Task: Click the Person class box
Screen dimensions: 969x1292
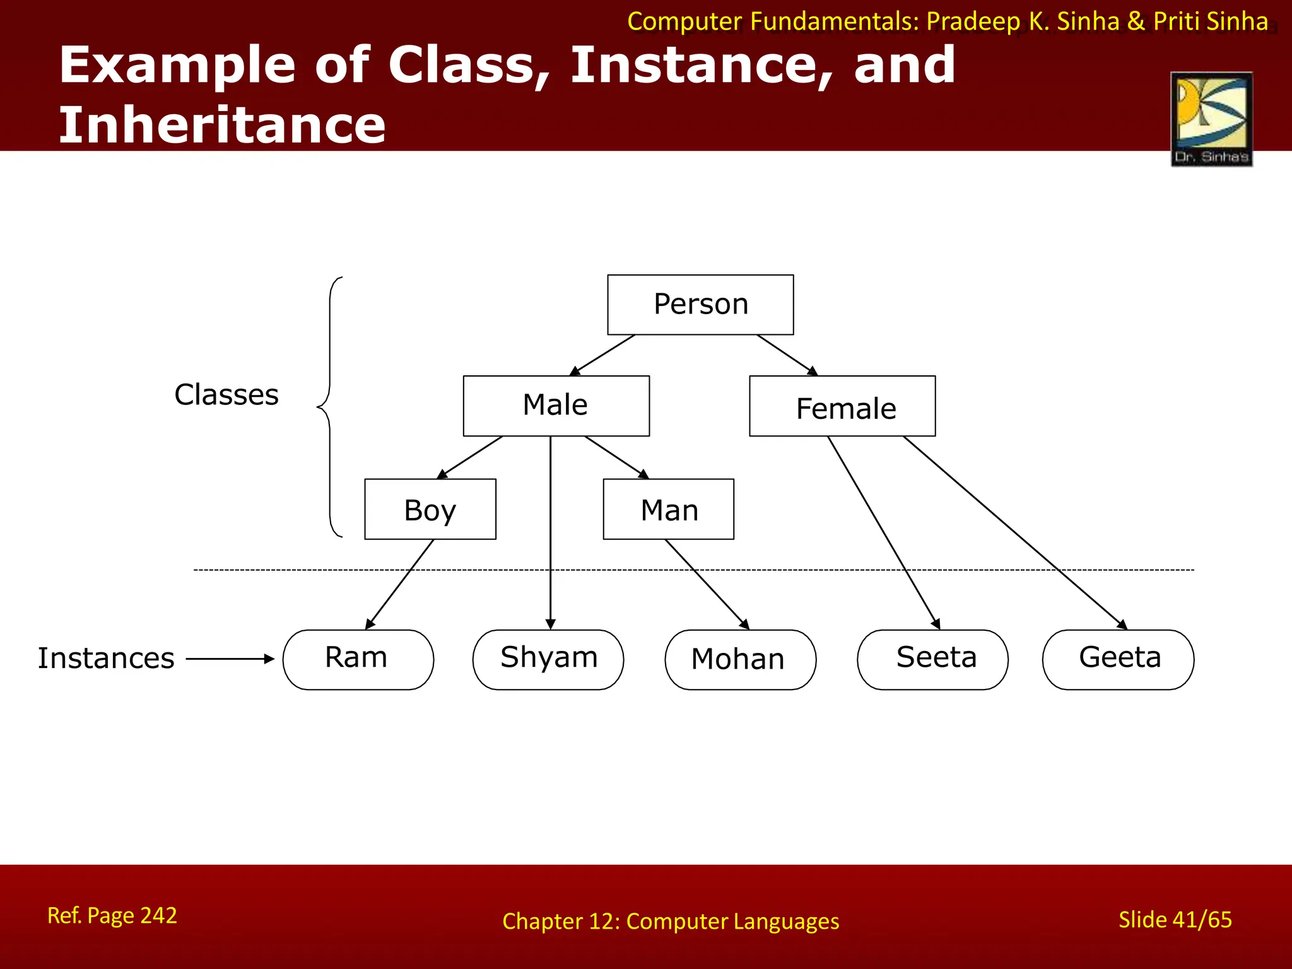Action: tap(700, 305)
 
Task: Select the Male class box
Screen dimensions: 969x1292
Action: tap(556, 406)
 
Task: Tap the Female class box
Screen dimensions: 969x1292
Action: tap(842, 406)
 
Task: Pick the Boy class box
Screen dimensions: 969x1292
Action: tap(430, 509)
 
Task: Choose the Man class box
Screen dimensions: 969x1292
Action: tap(669, 509)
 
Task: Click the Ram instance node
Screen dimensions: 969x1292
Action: tap(358, 659)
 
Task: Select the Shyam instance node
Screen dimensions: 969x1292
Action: tap(548, 659)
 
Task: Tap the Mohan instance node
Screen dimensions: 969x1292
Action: tap(740, 659)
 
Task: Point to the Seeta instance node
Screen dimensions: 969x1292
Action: tap(932, 659)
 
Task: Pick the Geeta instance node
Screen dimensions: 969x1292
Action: tap(1118, 659)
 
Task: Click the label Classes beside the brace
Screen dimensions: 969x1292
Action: tap(226, 395)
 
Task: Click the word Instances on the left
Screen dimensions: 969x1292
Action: tap(106, 659)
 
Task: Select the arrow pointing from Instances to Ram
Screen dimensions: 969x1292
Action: tap(230, 659)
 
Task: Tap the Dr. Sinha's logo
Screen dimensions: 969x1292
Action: tap(1211, 119)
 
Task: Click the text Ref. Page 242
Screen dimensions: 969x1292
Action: tap(112, 915)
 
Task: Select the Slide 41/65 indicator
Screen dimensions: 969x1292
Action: tap(1175, 920)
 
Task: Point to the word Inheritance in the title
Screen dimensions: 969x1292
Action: tap(222, 125)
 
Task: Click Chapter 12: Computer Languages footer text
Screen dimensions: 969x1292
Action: tap(671, 922)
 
